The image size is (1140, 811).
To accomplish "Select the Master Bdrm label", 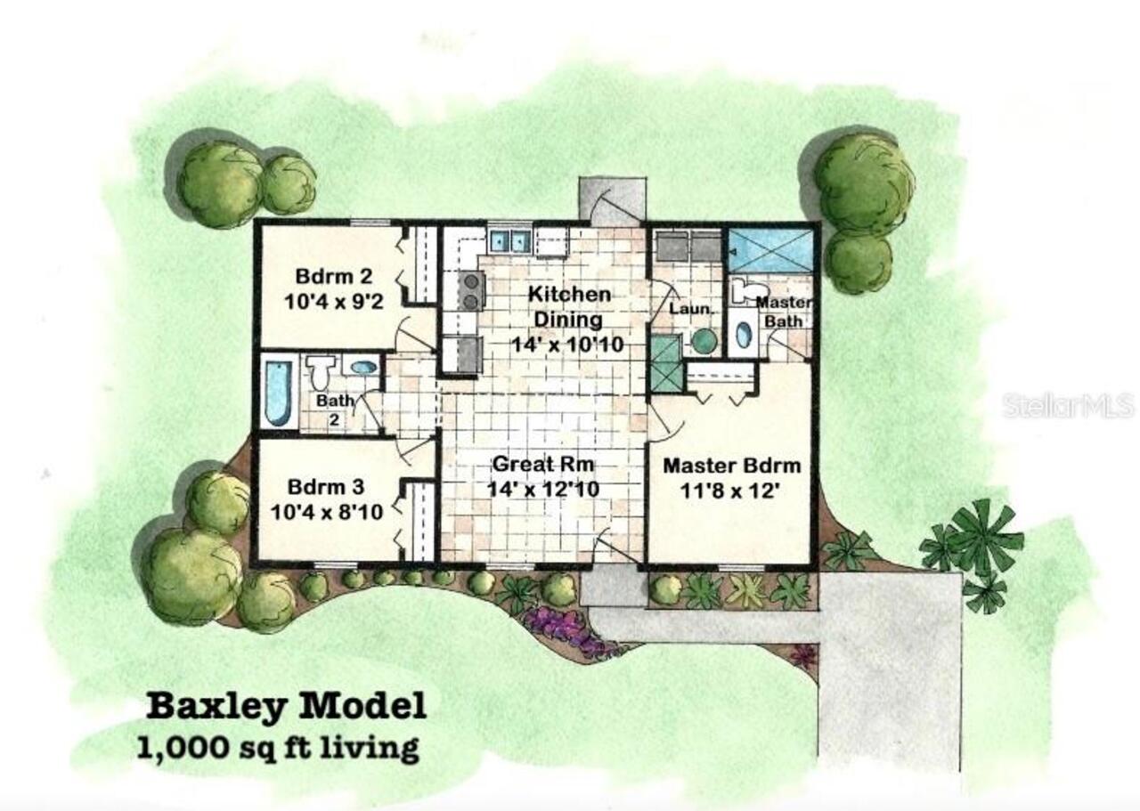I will point(732,465).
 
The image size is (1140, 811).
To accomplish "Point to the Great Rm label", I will point(543,464).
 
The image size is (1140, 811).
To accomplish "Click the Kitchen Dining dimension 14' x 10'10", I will point(566,343).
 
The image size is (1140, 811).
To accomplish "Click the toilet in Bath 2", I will point(322,370).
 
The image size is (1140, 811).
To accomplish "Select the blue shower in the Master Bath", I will point(771,250).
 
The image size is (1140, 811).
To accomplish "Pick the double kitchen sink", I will point(509,240).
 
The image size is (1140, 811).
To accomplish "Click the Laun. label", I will point(691,309).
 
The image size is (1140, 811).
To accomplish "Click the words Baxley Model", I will point(286,706).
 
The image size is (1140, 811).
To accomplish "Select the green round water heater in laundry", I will point(704,341).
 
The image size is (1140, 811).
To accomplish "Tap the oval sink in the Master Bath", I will point(744,336).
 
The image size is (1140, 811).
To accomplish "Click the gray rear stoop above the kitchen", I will point(612,198).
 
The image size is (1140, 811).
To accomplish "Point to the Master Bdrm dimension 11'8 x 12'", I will point(731,490).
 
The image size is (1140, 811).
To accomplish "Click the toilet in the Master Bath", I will point(745,289).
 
